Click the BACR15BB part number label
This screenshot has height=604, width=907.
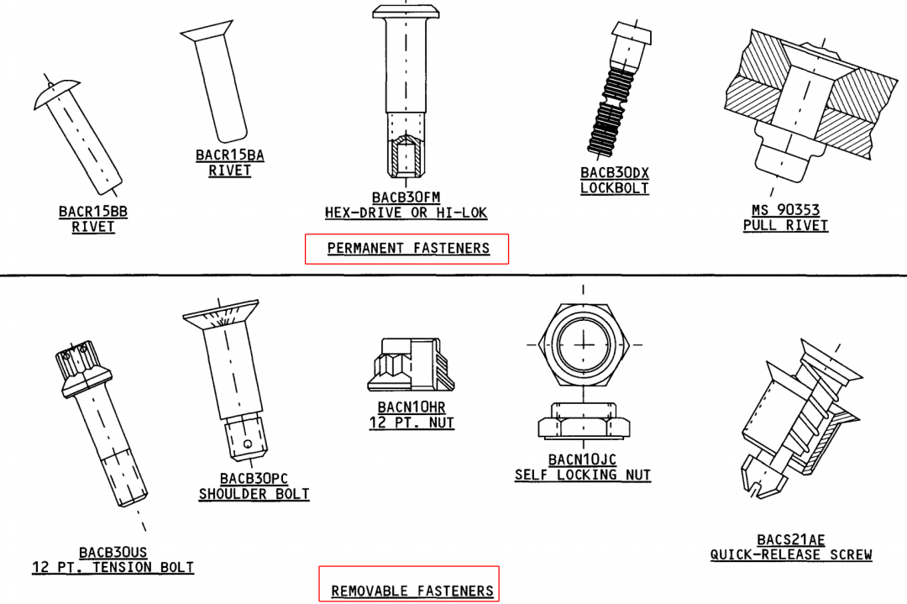pyautogui.click(x=93, y=212)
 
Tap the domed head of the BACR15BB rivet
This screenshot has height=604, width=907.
pyautogui.click(x=55, y=92)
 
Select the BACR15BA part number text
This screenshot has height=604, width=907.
pyautogui.click(x=229, y=155)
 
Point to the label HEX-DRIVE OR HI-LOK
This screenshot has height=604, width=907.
pyautogui.click(x=406, y=213)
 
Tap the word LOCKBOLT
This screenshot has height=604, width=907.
pyautogui.click(x=614, y=188)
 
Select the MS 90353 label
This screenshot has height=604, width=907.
pyautogui.click(x=785, y=210)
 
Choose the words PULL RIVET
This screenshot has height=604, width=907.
pyautogui.click(x=785, y=226)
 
